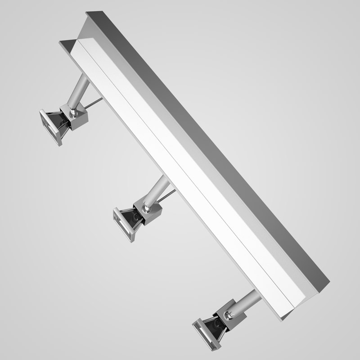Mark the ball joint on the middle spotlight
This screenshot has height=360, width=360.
(x=146, y=208)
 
